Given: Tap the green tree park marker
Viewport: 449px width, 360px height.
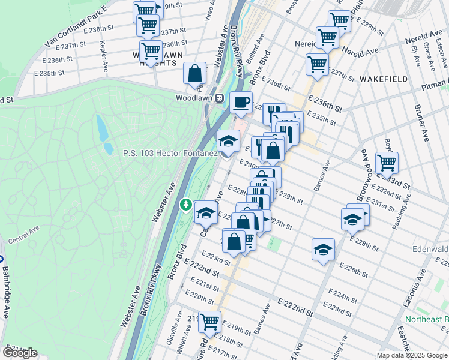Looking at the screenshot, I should point(187,206).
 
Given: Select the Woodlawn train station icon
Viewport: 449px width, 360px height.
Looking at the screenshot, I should point(220,98).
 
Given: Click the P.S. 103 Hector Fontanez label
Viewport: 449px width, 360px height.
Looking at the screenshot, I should point(169,154).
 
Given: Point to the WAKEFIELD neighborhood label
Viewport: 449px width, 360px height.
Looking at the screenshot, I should point(384,79).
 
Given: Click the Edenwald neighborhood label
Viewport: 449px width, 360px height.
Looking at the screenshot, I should point(430,248).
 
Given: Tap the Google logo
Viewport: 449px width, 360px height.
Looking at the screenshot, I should point(19,353).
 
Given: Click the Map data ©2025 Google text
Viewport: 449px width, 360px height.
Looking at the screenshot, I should point(411,355).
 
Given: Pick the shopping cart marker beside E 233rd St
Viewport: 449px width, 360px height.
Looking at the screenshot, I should point(387,162).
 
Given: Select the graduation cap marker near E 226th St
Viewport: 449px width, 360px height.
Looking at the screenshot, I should point(323,249).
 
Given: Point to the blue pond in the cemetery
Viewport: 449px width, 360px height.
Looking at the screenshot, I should point(102,128).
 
